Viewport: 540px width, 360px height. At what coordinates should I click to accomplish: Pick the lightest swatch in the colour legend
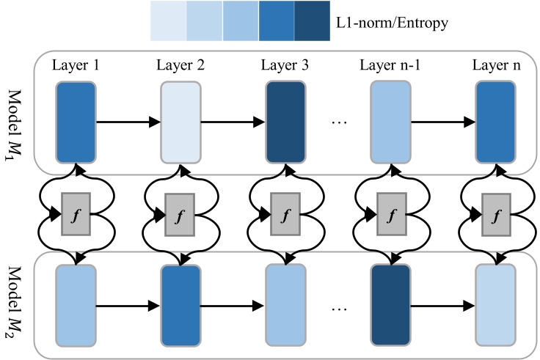click(x=168, y=21)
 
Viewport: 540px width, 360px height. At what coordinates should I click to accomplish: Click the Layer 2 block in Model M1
click(x=180, y=122)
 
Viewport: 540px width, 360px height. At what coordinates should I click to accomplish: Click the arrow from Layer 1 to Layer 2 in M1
click(x=128, y=122)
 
